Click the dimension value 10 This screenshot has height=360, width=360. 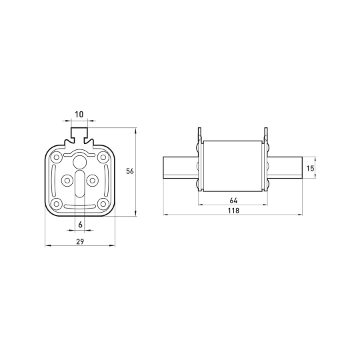coord(79,115)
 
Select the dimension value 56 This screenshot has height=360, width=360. coord(130,171)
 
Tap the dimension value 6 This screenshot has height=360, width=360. coord(80,225)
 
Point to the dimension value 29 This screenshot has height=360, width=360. coord(80,241)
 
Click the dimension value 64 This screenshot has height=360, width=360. coord(233,201)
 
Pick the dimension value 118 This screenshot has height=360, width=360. coord(233,211)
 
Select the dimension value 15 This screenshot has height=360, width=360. coord(310,169)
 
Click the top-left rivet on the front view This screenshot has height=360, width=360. coord(56,157)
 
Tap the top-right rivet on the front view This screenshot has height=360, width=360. coord(103,157)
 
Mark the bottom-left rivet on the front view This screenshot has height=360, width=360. coord(56,203)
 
